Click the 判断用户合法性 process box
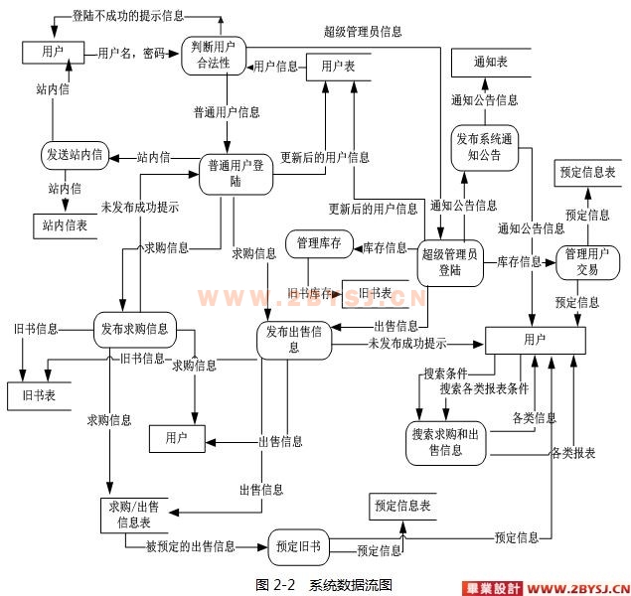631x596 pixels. pyautogui.click(x=214, y=55)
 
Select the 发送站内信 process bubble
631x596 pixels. pyautogui.click(x=75, y=155)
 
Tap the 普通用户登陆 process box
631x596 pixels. pyautogui.click(x=236, y=173)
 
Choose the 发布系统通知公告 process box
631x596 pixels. pyautogui.click(x=483, y=146)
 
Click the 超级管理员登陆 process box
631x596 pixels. pyautogui.click(x=449, y=261)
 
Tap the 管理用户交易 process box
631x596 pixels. pyautogui.click(x=581, y=261)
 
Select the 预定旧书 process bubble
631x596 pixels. pyautogui.click(x=298, y=546)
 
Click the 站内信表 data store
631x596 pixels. pyautogui.click(x=65, y=225)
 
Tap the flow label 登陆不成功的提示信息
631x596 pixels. pyautogui.click(x=128, y=18)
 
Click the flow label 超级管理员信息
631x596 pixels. pyautogui.click(x=363, y=32)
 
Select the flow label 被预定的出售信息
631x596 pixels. pyautogui.click(x=191, y=545)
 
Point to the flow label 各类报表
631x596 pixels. pyautogui.click(x=573, y=453)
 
